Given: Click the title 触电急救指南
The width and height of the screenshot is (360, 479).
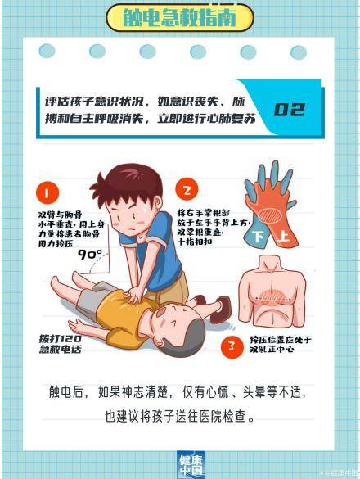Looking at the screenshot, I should pyautogui.click(x=180, y=16).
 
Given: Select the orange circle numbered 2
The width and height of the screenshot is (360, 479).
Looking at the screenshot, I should pyautogui.click(x=187, y=191).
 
